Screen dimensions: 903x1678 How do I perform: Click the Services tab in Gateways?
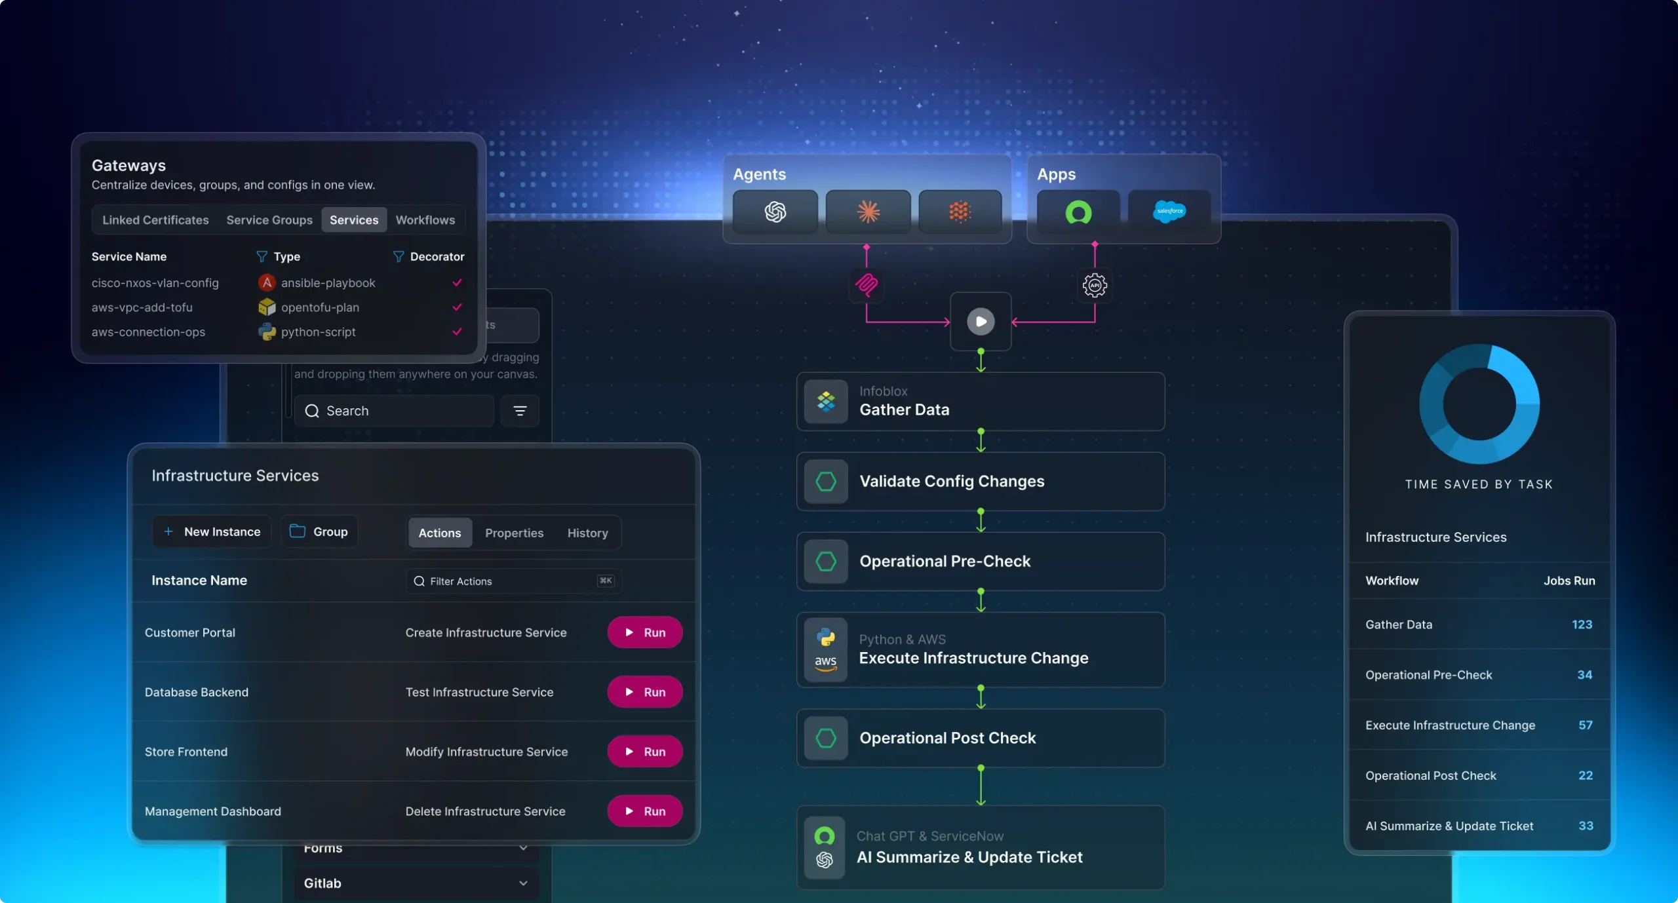coord(353,220)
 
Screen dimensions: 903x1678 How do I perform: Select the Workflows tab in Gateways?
coord(425,220)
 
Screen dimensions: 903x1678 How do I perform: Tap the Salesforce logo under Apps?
coord(1169,212)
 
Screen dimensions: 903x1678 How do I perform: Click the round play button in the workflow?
coord(981,322)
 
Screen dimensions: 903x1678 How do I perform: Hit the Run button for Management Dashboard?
coord(644,811)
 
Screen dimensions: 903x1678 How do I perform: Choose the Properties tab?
coord(514,533)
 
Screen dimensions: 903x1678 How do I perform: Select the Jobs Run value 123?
coord(1582,624)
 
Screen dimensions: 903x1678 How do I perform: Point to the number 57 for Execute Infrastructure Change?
coord(1585,725)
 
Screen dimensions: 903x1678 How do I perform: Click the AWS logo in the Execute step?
coord(825,663)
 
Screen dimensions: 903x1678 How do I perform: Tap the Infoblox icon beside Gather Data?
coord(826,401)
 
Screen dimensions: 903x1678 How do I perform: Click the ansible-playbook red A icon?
coord(266,282)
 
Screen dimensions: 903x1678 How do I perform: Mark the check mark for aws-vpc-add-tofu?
coord(457,307)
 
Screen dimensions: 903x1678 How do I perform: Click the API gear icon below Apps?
coord(1095,285)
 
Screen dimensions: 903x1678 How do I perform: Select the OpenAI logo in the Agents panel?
coord(775,212)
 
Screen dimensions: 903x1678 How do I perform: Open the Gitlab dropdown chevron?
coord(523,883)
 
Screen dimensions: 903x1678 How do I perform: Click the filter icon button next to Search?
coord(520,411)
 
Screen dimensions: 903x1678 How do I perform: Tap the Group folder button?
coord(319,531)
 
